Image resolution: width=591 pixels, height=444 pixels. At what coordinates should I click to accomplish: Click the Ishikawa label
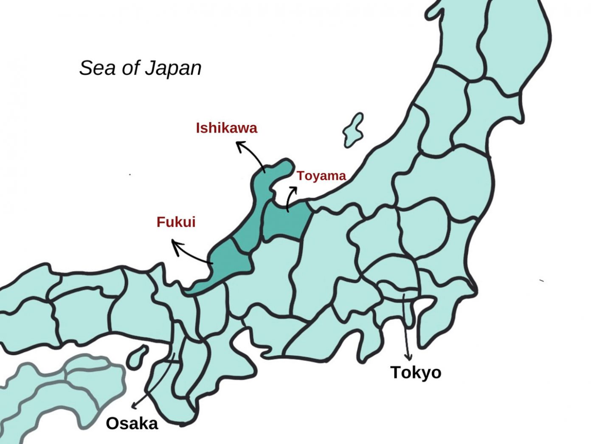tap(226, 128)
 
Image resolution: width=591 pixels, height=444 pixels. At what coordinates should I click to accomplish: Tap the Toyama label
tap(321, 176)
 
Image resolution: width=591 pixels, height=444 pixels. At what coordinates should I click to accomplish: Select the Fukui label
tap(176, 222)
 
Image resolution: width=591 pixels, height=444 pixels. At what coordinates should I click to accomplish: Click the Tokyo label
tap(416, 373)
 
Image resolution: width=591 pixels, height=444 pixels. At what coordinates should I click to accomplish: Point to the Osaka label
tap(132, 424)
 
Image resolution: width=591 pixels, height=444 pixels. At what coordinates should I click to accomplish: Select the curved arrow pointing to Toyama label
tap(290, 198)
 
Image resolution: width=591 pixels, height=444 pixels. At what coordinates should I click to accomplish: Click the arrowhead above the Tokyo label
tap(408, 357)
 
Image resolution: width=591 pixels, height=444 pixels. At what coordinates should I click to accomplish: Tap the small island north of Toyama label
tap(354, 130)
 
